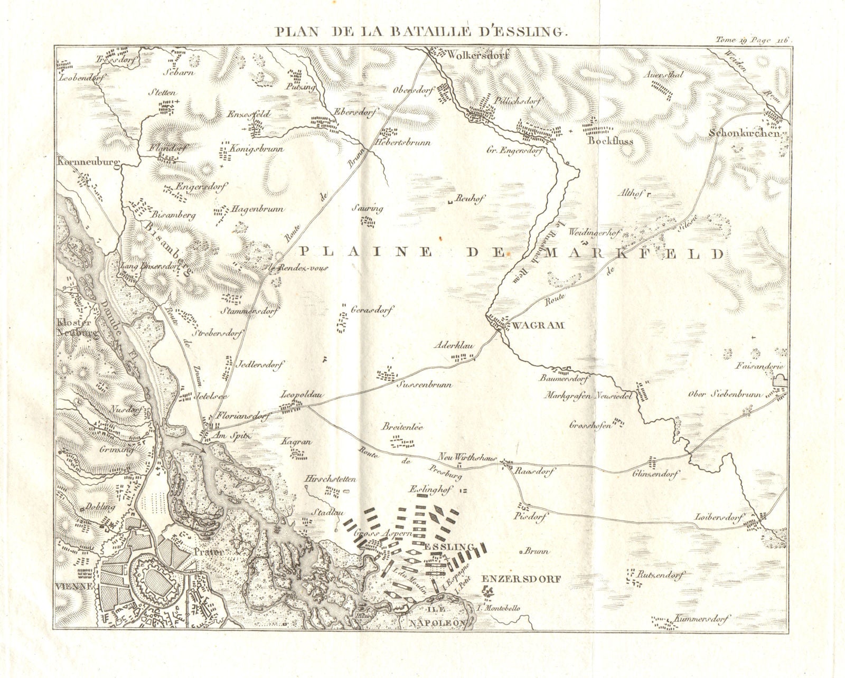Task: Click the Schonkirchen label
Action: tap(745, 134)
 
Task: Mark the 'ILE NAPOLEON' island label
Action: tap(438, 617)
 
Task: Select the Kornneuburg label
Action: tap(88, 161)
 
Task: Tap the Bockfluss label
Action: tap(610, 142)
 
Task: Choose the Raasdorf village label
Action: tap(534, 473)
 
